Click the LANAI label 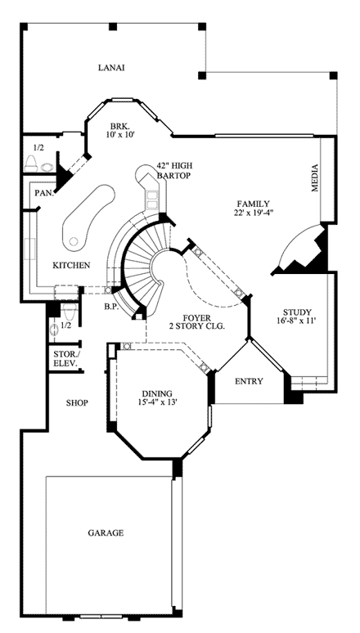tap(110, 68)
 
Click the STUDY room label tap(296, 312)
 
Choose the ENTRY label tap(248, 382)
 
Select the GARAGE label tap(106, 533)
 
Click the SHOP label tap(78, 403)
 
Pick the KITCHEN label tap(71, 265)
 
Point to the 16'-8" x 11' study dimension tap(296, 322)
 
